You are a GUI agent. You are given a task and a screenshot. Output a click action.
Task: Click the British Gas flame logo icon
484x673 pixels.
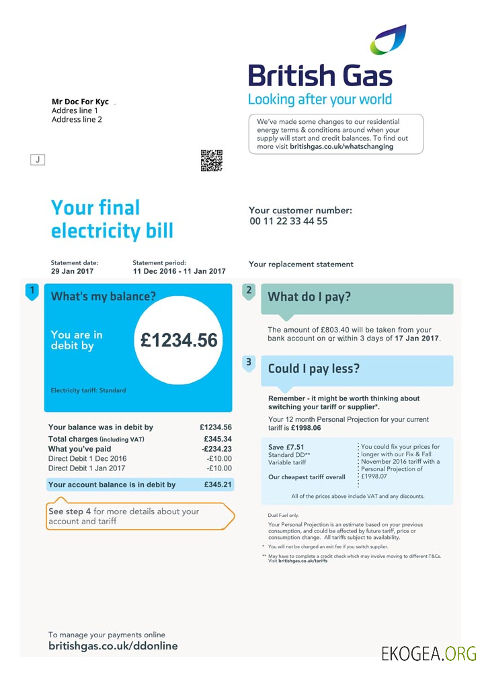point(388,40)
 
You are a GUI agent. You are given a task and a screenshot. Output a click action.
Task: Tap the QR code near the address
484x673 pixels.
point(211,161)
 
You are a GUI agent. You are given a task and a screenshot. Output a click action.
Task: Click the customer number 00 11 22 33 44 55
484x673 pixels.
point(288,221)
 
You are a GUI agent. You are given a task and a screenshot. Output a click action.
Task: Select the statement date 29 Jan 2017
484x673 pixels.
point(73,271)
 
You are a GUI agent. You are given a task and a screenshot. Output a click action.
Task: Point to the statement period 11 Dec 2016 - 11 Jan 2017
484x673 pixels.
point(179,271)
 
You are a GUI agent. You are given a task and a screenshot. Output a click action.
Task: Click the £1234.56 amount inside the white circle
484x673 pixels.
point(179,341)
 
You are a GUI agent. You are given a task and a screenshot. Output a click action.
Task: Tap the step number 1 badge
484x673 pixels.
point(31,291)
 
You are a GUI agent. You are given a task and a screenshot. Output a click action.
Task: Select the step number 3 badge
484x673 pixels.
point(249,363)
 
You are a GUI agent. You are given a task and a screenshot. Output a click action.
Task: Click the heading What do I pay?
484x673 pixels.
point(309,297)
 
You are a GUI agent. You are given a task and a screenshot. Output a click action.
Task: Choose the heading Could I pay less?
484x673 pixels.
point(314,369)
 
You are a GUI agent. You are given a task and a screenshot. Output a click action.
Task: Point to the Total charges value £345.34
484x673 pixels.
point(217,439)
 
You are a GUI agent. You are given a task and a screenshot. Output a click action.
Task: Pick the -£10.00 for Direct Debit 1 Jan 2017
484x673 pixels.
point(219,468)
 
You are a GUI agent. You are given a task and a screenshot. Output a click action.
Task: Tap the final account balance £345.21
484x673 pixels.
point(218,485)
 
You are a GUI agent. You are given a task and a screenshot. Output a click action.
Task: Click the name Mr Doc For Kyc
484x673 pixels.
point(80,102)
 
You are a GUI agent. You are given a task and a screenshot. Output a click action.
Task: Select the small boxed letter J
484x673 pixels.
point(38,160)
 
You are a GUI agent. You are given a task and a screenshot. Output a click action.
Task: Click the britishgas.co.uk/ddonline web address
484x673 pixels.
point(113,646)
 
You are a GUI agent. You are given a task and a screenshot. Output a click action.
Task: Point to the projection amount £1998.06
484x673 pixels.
point(306,428)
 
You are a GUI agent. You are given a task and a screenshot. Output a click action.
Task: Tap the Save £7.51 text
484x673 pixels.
point(286,447)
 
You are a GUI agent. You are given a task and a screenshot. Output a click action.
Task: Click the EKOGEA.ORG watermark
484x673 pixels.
point(428,653)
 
